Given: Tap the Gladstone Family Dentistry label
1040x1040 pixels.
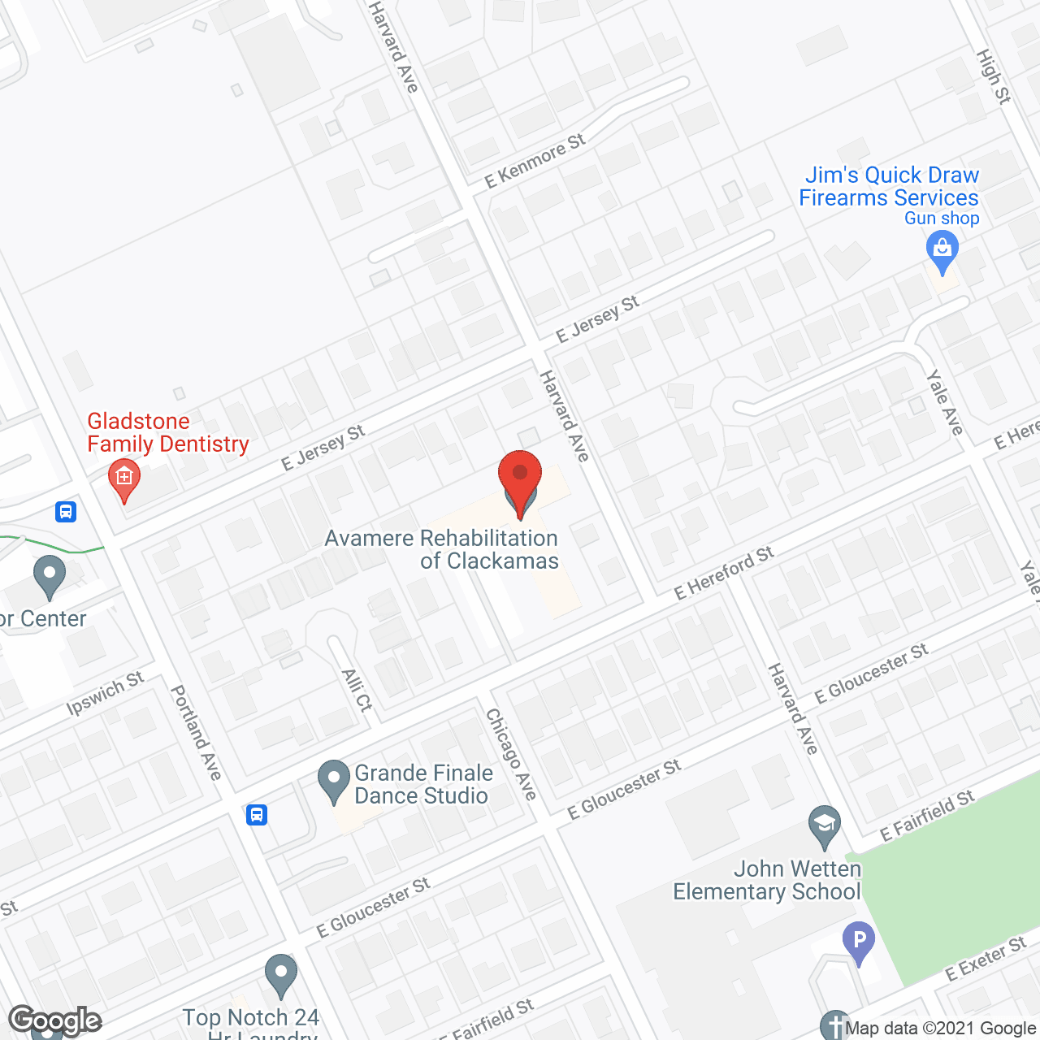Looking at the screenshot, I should (168, 432).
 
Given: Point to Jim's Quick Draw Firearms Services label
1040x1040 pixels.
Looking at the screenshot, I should (889, 187).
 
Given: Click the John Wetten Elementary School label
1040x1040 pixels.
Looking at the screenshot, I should (767, 880).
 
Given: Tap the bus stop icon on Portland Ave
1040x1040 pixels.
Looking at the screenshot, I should (257, 814).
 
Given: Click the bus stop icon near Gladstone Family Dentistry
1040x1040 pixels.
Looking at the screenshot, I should (66, 512).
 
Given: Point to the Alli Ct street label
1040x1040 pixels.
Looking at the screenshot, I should (357, 690).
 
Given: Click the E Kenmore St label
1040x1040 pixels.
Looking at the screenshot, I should (535, 162).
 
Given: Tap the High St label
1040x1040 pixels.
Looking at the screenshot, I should (993, 76).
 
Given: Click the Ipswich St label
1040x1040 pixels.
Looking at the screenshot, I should (105, 693).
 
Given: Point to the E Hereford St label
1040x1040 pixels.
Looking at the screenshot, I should (724, 572).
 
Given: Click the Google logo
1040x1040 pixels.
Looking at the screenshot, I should (55, 1020).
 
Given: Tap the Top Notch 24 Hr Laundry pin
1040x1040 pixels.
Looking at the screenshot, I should (280, 974).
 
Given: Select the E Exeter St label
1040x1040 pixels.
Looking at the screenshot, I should (986, 959).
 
